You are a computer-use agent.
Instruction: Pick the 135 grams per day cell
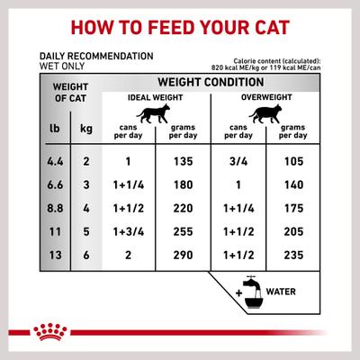click(x=182, y=163)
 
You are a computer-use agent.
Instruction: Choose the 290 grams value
click(x=182, y=256)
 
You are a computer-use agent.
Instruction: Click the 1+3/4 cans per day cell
click(x=130, y=232)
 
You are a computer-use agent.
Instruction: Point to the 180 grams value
click(x=182, y=186)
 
